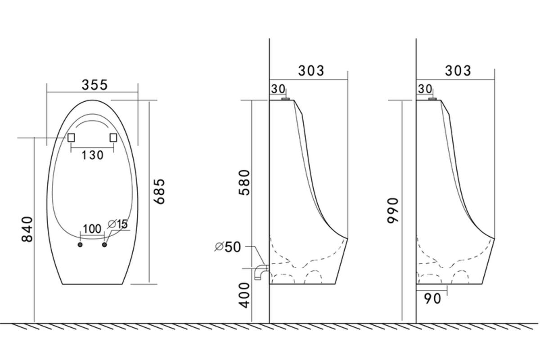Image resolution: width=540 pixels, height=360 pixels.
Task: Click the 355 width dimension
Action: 94,85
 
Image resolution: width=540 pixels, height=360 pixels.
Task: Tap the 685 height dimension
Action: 159,192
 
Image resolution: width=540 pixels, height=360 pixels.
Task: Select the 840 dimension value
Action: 27,229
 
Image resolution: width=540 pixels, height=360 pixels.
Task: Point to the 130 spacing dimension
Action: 93,155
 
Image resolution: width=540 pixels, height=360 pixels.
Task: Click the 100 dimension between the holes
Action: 92,229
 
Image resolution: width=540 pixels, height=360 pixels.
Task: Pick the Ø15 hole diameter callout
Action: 117,224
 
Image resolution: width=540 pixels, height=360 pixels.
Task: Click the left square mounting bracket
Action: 71,137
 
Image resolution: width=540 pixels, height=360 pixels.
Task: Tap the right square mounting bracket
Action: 113,137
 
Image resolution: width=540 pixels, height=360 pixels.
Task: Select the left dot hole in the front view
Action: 80,245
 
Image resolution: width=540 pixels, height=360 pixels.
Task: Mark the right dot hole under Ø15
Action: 104,245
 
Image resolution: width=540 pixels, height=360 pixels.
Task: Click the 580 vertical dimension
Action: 244,183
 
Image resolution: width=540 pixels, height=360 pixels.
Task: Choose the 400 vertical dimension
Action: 244,296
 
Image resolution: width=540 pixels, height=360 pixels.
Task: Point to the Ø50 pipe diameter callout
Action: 228,247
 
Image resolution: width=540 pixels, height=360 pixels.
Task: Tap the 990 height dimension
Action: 393,211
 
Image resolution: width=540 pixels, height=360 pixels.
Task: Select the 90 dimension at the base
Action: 432,299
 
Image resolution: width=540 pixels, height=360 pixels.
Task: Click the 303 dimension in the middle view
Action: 311,71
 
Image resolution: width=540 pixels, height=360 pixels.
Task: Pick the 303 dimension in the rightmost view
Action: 458,71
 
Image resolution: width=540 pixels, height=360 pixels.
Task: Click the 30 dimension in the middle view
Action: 278,89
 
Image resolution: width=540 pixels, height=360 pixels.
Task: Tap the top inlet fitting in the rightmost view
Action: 432,99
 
